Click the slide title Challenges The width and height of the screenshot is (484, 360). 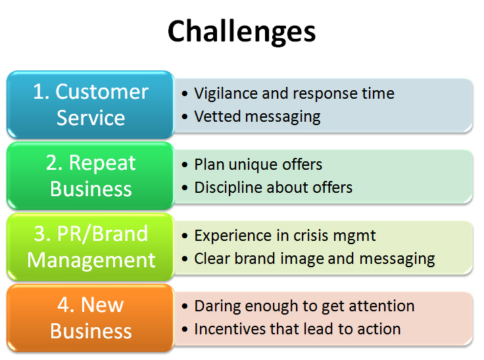(x=241, y=31)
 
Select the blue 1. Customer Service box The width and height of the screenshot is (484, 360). (x=91, y=105)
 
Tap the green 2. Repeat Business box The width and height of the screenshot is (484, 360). (x=91, y=176)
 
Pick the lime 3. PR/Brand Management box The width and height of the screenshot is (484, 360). (x=91, y=247)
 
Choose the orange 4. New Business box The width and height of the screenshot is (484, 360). (x=91, y=318)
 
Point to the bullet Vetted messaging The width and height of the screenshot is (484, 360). (x=257, y=117)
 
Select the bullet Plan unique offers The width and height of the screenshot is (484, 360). (x=258, y=165)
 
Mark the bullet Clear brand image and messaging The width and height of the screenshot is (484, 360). (x=314, y=259)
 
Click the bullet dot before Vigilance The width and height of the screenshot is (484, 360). (x=185, y=94)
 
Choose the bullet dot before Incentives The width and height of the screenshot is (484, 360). (x=185, y=330)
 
